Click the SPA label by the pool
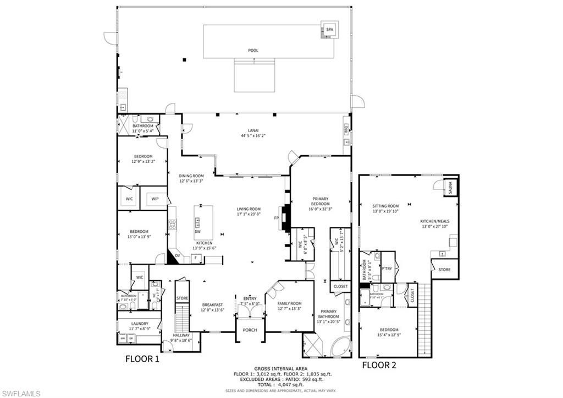pyautogui.click(x=330, y=29)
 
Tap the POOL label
pyautogui.click(x=253, y=51)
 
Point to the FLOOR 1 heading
pyautogui.click(x=142, y=359)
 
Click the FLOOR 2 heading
pyautogui.click(x=379, y=364)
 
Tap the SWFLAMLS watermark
pyautogui.click(x=21, y=393)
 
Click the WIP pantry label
pyautogui.click(x=155, y=199)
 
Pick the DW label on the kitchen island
pyautogui.click(x=197, y=232)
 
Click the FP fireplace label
pyautogui.click(x=277, y=218)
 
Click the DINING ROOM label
pyautogui.click(x=191, y=176)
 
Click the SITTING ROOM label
pyautogui.click(x=385, y=206)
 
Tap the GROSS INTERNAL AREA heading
pyautogui.click(x=281, y=368)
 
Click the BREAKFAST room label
pyautogui.click(x=212, y=304)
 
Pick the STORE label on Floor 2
pyautogui.click(x=444, y=270)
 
